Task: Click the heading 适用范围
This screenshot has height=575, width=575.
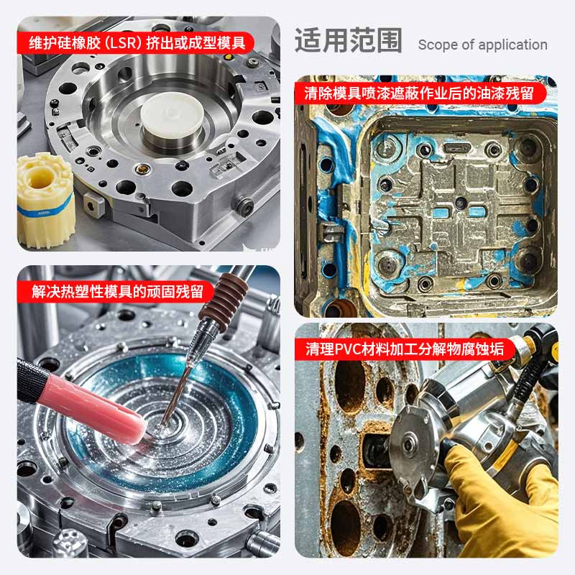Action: pos(348,41)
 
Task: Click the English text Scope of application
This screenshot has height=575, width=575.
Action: pos(482,45)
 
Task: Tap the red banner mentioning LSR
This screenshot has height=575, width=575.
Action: pos(136,43)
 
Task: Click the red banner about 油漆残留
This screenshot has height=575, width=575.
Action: pos(420,93)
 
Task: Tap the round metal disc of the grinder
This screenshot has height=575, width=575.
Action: pos(409,445)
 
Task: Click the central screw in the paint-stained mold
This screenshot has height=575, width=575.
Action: pos(460,203)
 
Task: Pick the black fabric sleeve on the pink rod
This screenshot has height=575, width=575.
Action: pos(32,382)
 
